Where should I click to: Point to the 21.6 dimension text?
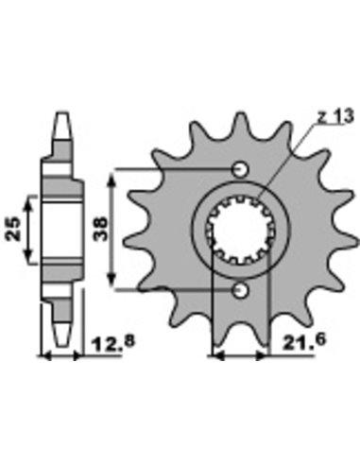click(x=304, y=341)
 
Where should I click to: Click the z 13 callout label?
click(x=335, y=116)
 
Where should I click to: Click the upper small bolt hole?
click(x=240, y=169)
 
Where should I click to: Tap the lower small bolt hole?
click(x=240, y=290)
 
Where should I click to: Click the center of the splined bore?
click(x=241, y=230)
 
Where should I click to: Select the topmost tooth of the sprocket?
click(x=241, y=125)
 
